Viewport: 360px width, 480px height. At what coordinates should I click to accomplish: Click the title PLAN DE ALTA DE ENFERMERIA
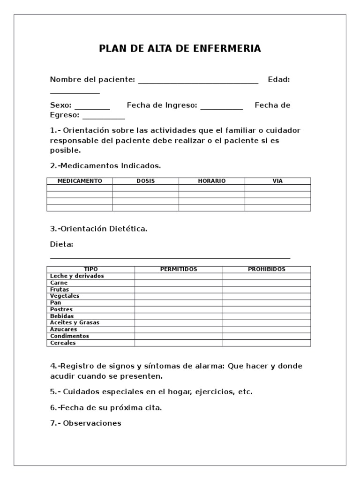coord(180,49)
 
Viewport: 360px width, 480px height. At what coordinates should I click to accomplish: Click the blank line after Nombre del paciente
coord(198,82)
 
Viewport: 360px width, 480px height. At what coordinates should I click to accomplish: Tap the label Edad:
coord(278,80)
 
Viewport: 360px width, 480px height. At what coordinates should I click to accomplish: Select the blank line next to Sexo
coord(92,108)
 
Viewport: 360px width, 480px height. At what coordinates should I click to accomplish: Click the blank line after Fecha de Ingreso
coord(222,108)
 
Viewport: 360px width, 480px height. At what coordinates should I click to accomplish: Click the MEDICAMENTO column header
coord(79,181)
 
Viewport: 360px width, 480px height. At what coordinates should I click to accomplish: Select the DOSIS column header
coord(145,181)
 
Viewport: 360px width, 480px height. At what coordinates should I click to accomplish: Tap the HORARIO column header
coord(211,181)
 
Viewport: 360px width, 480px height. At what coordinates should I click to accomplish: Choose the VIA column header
coord(277,181)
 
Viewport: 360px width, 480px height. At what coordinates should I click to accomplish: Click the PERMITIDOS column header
coord(179,270)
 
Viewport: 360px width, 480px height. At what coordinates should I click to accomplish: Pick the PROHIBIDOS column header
coord(266,270)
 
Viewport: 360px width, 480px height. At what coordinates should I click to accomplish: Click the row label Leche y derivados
coord(77,276)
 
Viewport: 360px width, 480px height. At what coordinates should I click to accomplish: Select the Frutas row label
coord(60,290)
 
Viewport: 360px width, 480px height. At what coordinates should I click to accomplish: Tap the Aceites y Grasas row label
coord(75,323)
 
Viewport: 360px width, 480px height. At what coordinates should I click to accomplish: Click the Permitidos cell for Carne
coord(179,283)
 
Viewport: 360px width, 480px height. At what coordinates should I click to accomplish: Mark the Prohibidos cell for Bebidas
coord(266,316)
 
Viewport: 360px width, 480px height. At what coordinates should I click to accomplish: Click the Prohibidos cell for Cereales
coord(266,343)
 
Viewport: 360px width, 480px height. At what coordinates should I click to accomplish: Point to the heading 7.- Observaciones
coord(85,423)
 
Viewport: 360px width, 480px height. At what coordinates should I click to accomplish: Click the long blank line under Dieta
coord(170,257)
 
